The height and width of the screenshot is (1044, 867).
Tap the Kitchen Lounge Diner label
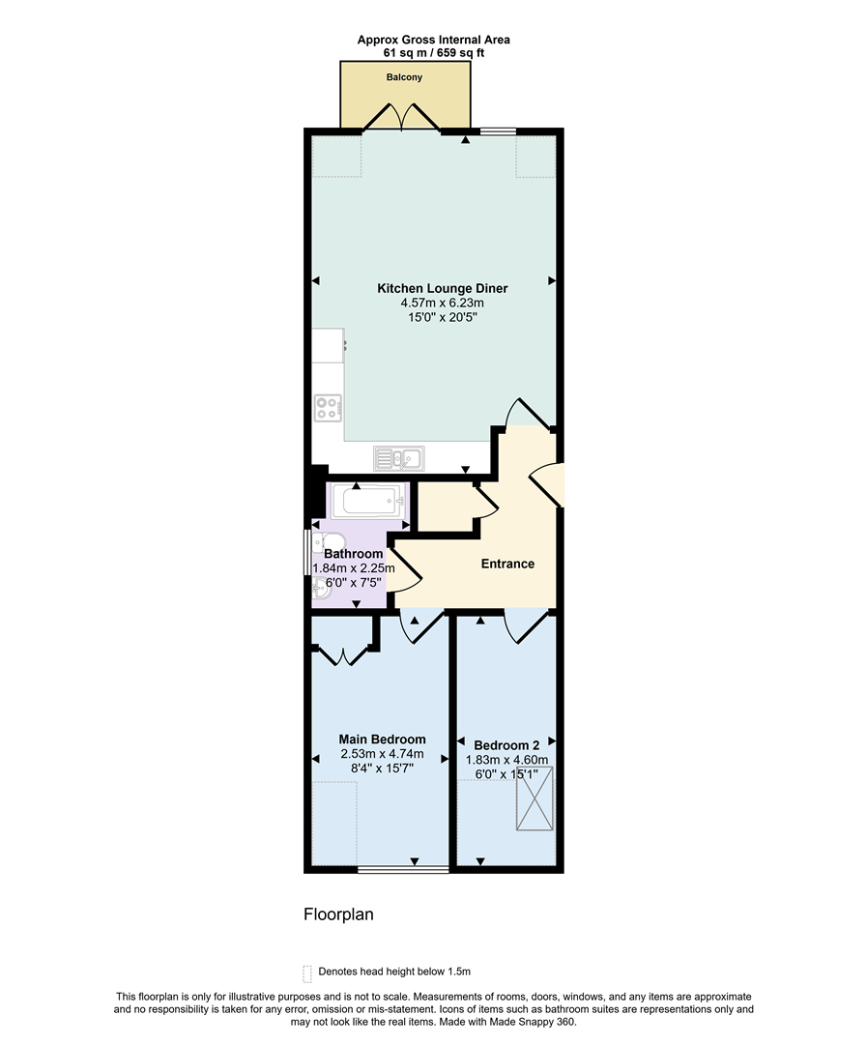pyautogui.click(x=443, y=288)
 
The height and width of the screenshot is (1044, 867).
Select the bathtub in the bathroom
pyautogui.click(x=365, y=502)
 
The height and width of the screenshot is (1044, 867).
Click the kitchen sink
pyautogui.click(x=398, y=457)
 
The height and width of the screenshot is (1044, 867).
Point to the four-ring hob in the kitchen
pyautogui.click(x=327, y=408)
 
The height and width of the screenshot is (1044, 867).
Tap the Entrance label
pyautogui.click(x=507, y=564)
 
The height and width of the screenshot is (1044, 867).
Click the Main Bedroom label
pyautogui.click(x=382, y=739)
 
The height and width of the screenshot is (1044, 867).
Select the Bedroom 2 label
pyautogui.click(x=506, y=745)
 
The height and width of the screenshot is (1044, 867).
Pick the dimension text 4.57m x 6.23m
pyautogui.click(x=443, y=303)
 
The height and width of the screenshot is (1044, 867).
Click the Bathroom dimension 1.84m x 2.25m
pyautogui.click(x=354, y=568)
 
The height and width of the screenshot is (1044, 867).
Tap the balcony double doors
pyautogui.click(x=404, y=118)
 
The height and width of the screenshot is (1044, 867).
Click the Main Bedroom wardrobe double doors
pyautogui.click(x=343, y=657)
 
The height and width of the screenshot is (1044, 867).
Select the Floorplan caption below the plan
pyautogui.click(x=338, y=913)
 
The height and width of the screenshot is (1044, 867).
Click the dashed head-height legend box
pyautogui.click(x=307, y=972)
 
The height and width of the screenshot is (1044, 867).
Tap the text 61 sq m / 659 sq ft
pyautogui.click(x=434, y=52)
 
